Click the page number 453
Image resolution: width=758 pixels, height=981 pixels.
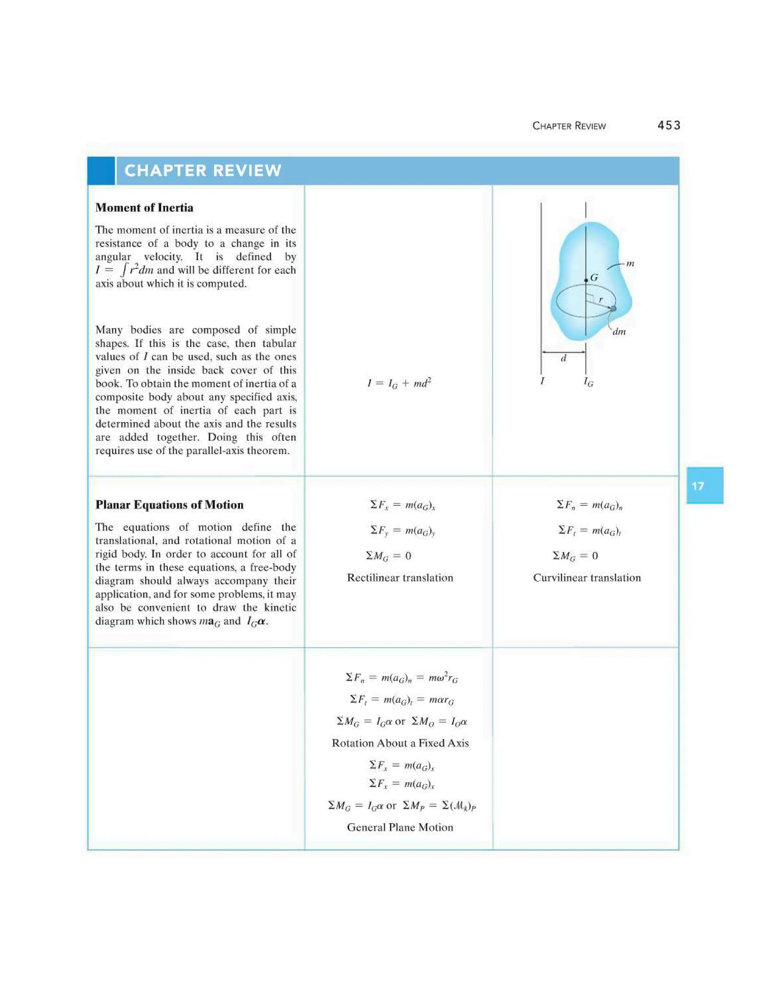pos(669,125)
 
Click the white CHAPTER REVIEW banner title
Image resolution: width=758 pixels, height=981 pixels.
pos(202,171)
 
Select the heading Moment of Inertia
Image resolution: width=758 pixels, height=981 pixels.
pos(144,208)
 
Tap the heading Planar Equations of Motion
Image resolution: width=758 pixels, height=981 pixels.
pos(169,505)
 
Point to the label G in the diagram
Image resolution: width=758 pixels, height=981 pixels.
pos(594,278)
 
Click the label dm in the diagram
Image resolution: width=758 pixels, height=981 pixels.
pos(619,332)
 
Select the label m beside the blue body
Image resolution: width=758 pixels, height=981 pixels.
pos(630,264)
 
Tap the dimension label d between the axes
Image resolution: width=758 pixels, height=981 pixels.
pos(564,358)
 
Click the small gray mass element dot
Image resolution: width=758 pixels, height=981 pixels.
pos(613,308)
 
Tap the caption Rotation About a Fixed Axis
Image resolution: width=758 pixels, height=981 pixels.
pos(400,743)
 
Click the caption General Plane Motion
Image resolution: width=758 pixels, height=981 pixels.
pos(400,827)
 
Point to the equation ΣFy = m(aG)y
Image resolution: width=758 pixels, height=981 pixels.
pos(402,531)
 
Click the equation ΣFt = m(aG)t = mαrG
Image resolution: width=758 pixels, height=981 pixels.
pos(402,700)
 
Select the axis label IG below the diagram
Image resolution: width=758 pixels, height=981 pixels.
pos(588,382)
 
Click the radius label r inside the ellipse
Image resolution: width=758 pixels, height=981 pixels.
pos(601,299)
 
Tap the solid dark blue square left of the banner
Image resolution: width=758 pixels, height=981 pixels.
pos(101,171)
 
